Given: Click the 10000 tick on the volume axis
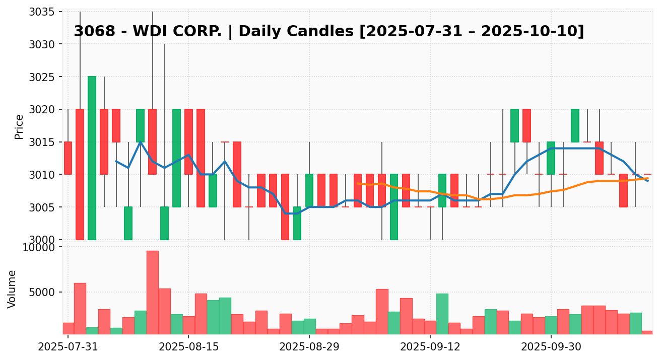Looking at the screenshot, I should [x=41, y=247].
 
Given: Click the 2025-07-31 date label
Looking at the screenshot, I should [x=68, y=347].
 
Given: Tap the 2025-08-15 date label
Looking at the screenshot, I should [x=188, y=347].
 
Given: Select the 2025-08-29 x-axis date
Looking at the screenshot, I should [x=309, y=347].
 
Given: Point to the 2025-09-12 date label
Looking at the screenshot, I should [x=430, y=347].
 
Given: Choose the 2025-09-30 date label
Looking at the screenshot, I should [x=551, y=347].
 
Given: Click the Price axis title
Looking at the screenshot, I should [x=19, y=126].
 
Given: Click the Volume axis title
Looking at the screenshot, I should [x=12, y=289].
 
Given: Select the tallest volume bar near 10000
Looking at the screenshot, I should [x=153, y=293].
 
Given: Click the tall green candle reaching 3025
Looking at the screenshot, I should [x=92, y=158].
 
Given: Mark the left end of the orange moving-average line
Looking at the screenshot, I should [x=357, y=183].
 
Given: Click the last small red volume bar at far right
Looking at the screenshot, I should [x=647, y=332].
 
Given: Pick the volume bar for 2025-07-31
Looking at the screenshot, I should [x=68, y=328].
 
